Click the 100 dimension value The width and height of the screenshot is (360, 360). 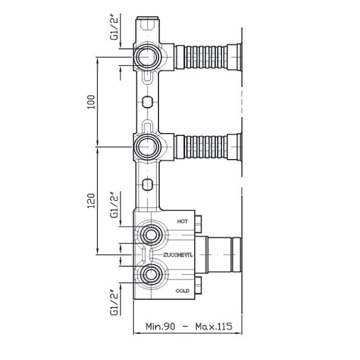[91, 102]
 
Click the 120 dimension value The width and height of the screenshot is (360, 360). [91, 201]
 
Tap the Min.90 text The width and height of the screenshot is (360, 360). [160, 326]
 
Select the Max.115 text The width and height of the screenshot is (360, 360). [214, 326]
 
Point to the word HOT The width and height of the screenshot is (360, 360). [182, 221]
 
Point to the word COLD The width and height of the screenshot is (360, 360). [183, 291]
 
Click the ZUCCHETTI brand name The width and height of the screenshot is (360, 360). [178, 255]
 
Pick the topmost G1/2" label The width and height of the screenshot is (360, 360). [114, 27]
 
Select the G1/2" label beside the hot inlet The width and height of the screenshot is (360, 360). [114, 205]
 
